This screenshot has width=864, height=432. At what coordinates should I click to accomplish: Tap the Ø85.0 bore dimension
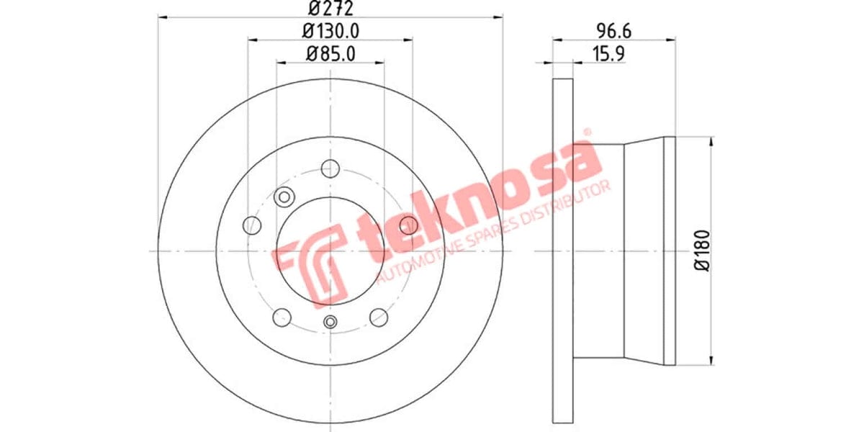[330, 53]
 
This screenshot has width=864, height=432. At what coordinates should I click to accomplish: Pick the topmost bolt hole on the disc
[330, 168]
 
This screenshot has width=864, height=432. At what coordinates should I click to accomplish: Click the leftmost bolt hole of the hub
[252, 225]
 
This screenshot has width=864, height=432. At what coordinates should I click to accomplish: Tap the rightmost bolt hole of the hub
[408, 225]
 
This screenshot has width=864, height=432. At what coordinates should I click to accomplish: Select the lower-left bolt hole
[282, 316]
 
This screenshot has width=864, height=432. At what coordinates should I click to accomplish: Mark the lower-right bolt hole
[379, 316]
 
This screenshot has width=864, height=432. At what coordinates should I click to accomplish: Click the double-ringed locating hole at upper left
[284, 196]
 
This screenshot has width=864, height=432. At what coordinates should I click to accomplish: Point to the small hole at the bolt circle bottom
[330, 322]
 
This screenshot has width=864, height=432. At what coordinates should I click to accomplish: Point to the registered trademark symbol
[586, 132]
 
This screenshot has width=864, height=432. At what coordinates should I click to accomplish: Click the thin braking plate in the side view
[562, 250]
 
